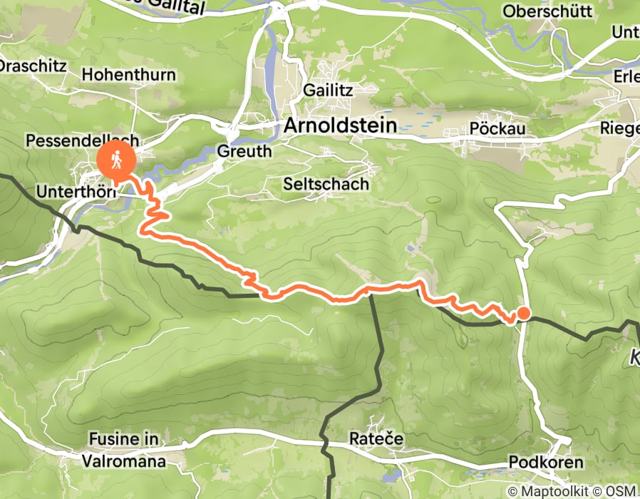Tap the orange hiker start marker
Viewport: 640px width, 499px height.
tap(115, 159)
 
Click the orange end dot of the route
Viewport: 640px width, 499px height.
tap(523, 313)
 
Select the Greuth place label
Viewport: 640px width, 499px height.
tap(244, 151)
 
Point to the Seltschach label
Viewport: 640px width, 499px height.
tap(326, 184)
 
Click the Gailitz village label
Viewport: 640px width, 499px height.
tap(327, 90)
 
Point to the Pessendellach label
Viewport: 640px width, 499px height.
tap(82, 140)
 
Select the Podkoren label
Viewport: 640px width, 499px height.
tap(545, 463)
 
